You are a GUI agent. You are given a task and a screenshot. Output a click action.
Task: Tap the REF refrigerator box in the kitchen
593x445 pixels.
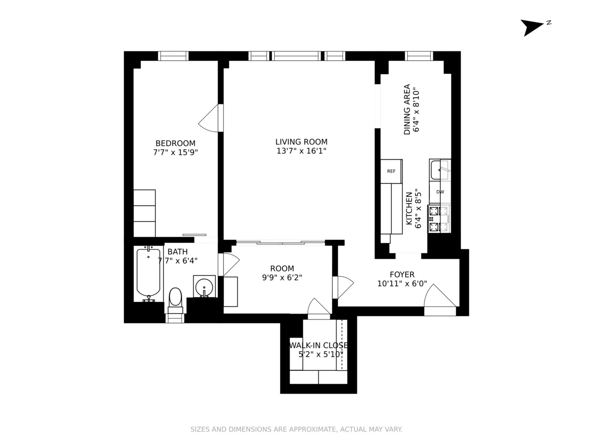[x=391, y=171]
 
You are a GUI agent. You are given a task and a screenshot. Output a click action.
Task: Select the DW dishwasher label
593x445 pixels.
[x=440, y=192]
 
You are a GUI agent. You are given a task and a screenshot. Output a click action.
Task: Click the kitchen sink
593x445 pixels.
[x=439, y=170]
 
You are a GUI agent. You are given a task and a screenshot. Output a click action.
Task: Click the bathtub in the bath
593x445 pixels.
[x=148, y=273]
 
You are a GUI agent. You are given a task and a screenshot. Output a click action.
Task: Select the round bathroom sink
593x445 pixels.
[x=204, y=287]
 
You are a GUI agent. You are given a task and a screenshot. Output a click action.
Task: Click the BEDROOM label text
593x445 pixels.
[x=175, y=143]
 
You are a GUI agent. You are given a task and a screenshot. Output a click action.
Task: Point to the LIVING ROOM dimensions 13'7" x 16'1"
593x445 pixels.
[x=301, y=151]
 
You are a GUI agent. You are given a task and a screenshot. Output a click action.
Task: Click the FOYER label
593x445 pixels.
[x=402, y=274]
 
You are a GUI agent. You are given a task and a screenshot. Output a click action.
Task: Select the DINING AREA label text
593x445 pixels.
[x=407, y=109]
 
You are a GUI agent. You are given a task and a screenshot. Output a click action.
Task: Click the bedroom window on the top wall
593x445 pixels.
[x=173, y=55]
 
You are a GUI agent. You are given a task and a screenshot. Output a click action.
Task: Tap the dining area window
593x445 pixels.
[x=419, y=55]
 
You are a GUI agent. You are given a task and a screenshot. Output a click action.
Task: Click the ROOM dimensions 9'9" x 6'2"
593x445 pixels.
[x=282, y=278]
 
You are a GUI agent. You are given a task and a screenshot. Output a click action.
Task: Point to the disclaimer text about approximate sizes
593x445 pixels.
[x=296, y=429]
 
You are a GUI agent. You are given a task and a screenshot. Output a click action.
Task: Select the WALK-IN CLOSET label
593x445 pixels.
[x=319, y=345]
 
